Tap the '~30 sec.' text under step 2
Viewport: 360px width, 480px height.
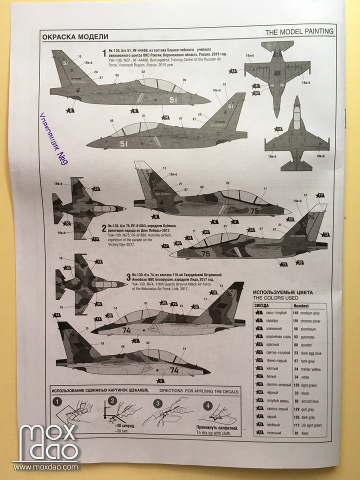[x=122, y=430]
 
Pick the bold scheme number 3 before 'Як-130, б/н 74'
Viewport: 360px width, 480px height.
[x=128, y=276]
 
